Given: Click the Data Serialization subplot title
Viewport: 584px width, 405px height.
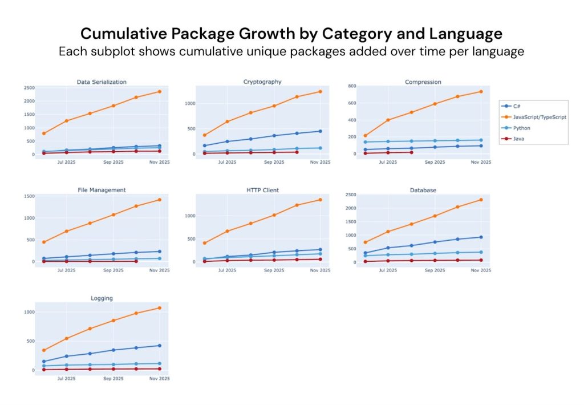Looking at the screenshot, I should [x=102, y=82].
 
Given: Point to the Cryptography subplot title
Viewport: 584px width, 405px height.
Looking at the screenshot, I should [x=262, y=82].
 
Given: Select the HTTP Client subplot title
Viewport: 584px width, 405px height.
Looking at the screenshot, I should [x=262, y=190].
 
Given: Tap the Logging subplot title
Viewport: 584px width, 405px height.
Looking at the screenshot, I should [x=102, y=298].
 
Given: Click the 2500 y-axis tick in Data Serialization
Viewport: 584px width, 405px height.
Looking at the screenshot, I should [x=29, y=88].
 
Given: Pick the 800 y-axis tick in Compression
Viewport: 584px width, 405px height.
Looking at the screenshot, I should [x=352, y=86].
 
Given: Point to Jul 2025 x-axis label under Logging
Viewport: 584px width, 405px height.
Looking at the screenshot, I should [x=66, y=378].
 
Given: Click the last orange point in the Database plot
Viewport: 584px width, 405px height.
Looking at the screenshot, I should [x=481, y=200].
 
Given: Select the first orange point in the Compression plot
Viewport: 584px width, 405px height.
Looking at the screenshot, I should [x=365, y=136].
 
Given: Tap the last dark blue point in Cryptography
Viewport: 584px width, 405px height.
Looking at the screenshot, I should [x=320, y=131].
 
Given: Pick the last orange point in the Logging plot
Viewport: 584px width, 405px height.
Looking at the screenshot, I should [x=159, y=308].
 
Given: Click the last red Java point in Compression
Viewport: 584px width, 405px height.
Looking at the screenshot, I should [x=411, y=152].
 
